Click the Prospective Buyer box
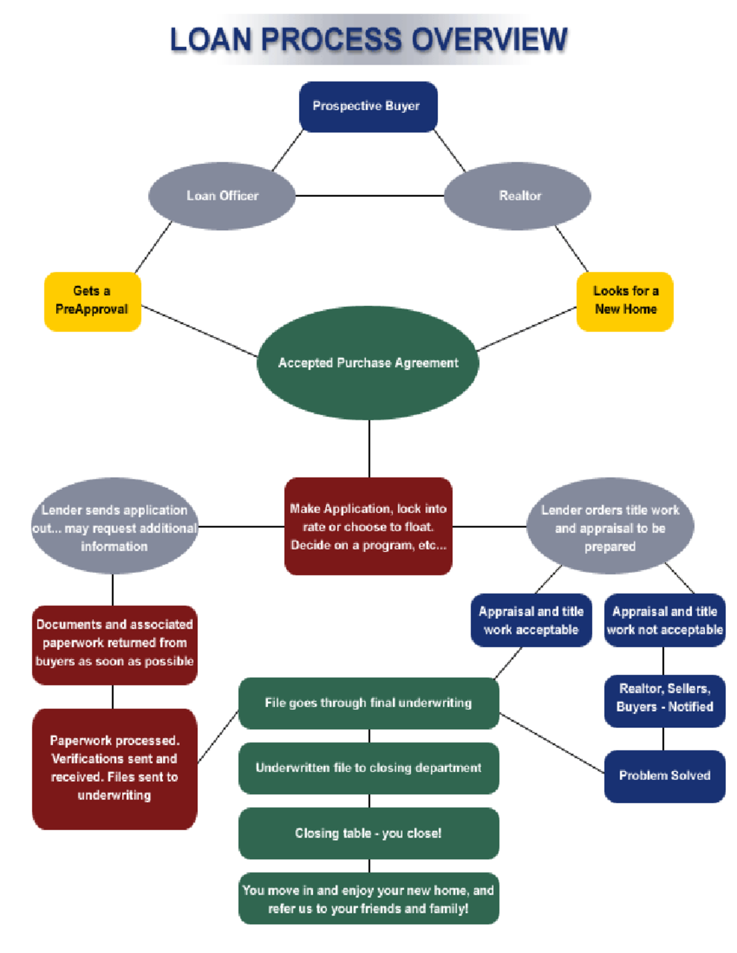pos(368,107)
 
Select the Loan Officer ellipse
pos(222,196)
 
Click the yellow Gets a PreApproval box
pos(92,301)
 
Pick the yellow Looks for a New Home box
pos(625,301)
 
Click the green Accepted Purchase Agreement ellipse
pos(368,363)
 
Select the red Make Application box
pos(368,527)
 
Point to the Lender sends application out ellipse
pos(114,527)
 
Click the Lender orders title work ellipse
pos(610,527)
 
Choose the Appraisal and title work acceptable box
pos(531,620)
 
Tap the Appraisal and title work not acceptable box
pos(665,620)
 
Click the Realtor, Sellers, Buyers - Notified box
pos(665,698)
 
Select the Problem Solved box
pos(665,776)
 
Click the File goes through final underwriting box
pos(368,703)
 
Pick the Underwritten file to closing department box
pos(368,768)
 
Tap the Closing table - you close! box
pos(368,833)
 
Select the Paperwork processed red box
pos(114,768)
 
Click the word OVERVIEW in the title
pos(489,40)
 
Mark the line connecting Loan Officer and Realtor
pos(369,196)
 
